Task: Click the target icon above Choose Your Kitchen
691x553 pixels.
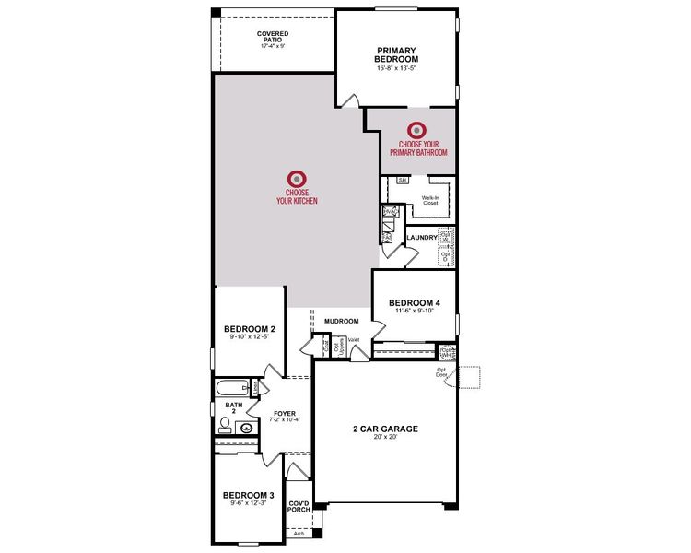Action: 296,178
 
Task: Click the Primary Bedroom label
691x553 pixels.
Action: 396,55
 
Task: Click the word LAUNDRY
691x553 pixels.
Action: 420,237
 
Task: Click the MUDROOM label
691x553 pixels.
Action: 340,322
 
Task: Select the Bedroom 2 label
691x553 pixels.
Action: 250,328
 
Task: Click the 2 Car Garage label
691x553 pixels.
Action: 385,429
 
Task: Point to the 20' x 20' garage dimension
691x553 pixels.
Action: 385,438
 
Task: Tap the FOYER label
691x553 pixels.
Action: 285,412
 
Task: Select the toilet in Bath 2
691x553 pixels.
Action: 224,425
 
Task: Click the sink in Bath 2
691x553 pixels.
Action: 247,428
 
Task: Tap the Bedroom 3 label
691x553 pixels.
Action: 249,495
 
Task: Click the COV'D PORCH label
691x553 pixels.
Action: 299,507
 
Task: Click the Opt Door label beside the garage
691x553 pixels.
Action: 443,372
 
